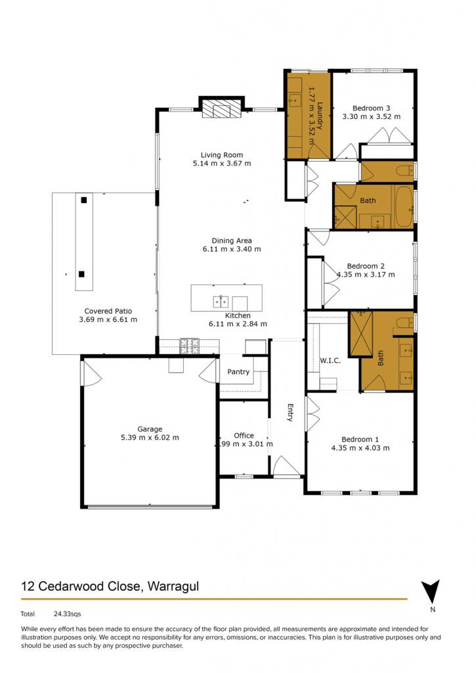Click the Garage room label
(150, 429)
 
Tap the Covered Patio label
(108, 311)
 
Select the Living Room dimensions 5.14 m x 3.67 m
(222, 163)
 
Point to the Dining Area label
(232, 241)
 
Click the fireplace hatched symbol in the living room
(222, 109)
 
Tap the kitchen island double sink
(221, 302)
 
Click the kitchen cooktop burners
(190, 346)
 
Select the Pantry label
(238, 372)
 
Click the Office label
(244, 435)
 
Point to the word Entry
(290, 413)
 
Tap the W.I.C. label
(330, 361)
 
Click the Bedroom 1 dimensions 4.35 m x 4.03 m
(360, 448)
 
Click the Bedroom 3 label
(372, 108)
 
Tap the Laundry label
(320, 115)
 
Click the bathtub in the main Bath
(404, 206)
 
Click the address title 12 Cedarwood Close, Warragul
(110, 586)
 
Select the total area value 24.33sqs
(68, 615)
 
